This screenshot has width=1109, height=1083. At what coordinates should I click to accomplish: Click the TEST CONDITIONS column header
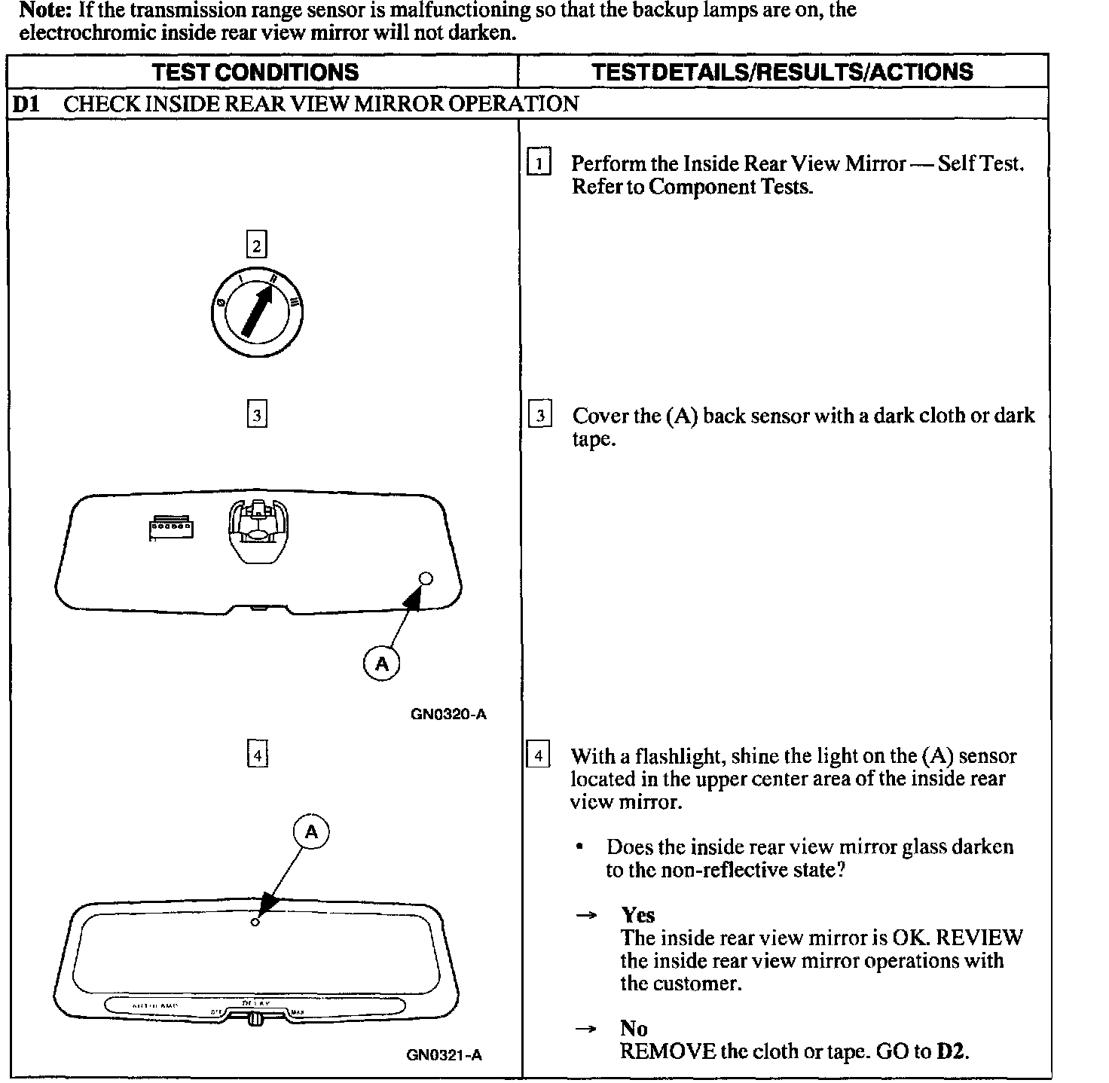(x=255, y=72)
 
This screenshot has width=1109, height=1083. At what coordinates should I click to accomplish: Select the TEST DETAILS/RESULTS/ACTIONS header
(x=782, y=72)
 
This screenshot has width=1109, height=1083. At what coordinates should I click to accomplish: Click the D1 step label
(x=26, y=104)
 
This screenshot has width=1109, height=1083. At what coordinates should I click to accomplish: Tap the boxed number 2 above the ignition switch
(x=257, y=246)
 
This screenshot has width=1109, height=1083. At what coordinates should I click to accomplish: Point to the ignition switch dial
(x=258, y=310)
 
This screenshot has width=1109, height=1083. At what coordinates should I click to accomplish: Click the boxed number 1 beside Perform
(x=539, y=163)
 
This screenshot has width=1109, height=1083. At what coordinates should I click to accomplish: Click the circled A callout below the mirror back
(x=382, y=664)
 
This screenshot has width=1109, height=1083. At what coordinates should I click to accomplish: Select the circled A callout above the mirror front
(x=311, y=831)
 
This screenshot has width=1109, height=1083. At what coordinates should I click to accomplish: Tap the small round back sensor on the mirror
(x=425, y=578)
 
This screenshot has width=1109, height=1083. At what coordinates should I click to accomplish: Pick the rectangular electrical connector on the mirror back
(x=171, y=529)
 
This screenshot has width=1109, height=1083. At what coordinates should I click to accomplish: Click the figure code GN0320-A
(x=448, y=714)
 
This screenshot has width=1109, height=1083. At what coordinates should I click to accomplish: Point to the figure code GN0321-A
(x=444, y=1055)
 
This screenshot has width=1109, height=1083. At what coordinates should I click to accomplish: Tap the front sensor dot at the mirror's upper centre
(x=255, y=922)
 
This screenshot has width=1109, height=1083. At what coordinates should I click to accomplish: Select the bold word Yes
(x=637, y=915)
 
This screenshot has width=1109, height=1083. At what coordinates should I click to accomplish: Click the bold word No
(x=634, y=1028)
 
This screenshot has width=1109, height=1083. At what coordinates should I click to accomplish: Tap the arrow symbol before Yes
(x=585, y=916)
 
